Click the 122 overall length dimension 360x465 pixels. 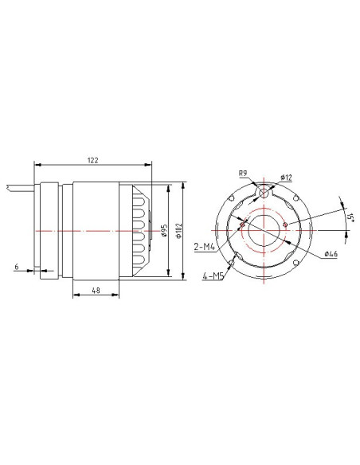92,160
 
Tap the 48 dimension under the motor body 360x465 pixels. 96,291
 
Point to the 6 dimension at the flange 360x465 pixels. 17,267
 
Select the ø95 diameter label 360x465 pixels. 164,230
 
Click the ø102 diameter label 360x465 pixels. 178,230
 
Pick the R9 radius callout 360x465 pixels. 243,174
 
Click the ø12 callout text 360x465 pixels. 286,178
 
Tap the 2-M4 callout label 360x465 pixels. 205,247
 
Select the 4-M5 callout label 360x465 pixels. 213,276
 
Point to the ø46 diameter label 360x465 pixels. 331,254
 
